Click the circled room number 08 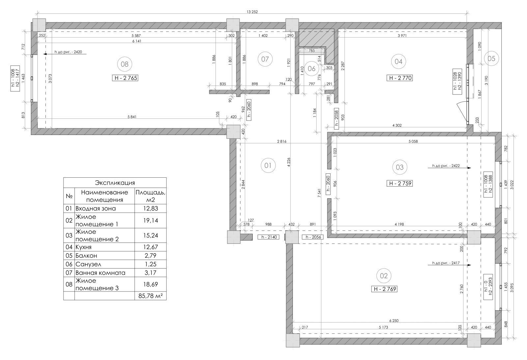tap(125, 64)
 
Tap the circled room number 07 tap(265, 59)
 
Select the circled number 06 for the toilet tap(312, 69)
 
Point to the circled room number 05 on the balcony tap(491, 58)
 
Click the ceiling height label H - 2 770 tap(400, 78)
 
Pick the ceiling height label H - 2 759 tap(400, 183)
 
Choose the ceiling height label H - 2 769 tap(384, 289)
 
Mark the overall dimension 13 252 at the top tap(252, 12)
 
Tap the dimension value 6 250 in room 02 tap(394, 321)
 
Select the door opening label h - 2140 tap(269, 237)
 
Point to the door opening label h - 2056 tap(313, 237)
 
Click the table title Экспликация tap(115, 183)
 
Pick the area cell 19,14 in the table tap(151, 220)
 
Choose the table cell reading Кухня tap(83, 247)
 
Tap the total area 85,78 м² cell tap(151, 296)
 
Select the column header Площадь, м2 tap(151, 196)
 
